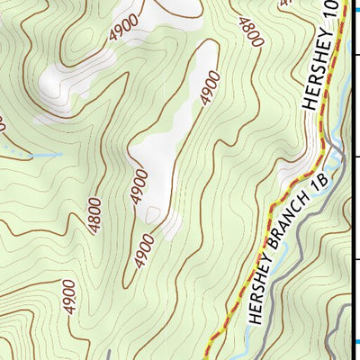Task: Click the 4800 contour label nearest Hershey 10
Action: pos(251,31)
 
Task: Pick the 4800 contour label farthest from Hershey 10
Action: pos(95,215)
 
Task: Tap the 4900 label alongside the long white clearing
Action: pos(210,89)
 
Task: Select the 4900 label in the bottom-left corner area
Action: pos(69,298)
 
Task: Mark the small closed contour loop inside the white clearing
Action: pos(154,214)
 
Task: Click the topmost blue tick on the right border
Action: pos(355,54)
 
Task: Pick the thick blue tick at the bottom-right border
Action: pos(355,341)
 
